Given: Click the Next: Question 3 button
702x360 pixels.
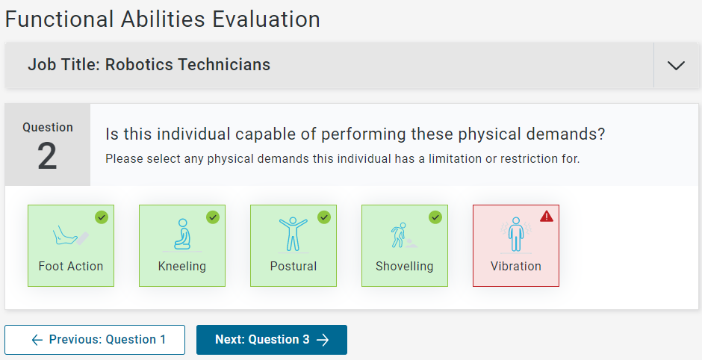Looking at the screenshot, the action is [x=272, y=340].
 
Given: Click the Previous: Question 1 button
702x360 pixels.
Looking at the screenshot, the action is [x=95, y=340].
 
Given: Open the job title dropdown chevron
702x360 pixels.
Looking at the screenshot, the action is [x=676, y=66].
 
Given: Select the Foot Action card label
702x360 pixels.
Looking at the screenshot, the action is [x=71, y=267].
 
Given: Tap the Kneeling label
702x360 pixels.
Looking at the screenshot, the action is [x=181, y=267].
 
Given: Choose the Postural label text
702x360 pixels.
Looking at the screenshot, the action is [x=293, y=267].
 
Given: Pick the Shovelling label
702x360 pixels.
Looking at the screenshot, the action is [x=404, y=267].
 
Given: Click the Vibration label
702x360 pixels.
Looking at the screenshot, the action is [x=516, y=267].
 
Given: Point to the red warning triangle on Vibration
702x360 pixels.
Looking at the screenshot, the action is [x=547, y=217].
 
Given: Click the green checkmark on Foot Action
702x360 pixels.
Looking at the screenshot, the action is [x=102, y=217].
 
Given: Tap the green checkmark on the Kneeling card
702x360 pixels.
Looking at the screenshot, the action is [x=213, y=217].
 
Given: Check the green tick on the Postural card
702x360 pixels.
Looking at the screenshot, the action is [x=324, y=217].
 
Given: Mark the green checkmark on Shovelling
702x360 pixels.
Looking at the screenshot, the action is [x=435, y=217].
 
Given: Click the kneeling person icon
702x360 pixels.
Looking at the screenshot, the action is [x=182, y=235].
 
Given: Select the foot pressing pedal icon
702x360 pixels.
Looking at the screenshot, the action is [x=70, y=235].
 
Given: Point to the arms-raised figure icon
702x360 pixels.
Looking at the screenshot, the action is [x=293, y=235].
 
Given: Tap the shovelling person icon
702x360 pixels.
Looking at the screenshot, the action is [x=404, y=235].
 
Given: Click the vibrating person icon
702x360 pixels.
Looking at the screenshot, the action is [x=516, y=235].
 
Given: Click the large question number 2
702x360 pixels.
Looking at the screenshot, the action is [x=47, y=156].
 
